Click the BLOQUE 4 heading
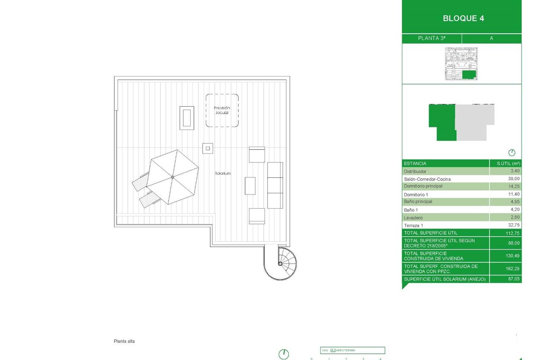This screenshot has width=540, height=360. (463, 18)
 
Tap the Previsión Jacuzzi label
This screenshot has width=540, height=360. (222, 110)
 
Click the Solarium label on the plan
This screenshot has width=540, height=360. (222, 173)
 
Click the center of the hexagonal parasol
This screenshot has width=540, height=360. (173, 177)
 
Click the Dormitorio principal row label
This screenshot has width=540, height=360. (423, 186)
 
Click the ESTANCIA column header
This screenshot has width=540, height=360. (415, 163)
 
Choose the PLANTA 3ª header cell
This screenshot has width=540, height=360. (432, 38)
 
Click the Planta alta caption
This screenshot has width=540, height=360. (124, 341)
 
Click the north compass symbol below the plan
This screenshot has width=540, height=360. (283, 354)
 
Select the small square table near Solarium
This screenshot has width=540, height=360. (207, 148)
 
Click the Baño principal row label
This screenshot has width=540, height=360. (418, 202)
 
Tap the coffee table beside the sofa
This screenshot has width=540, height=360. (250, 186)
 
